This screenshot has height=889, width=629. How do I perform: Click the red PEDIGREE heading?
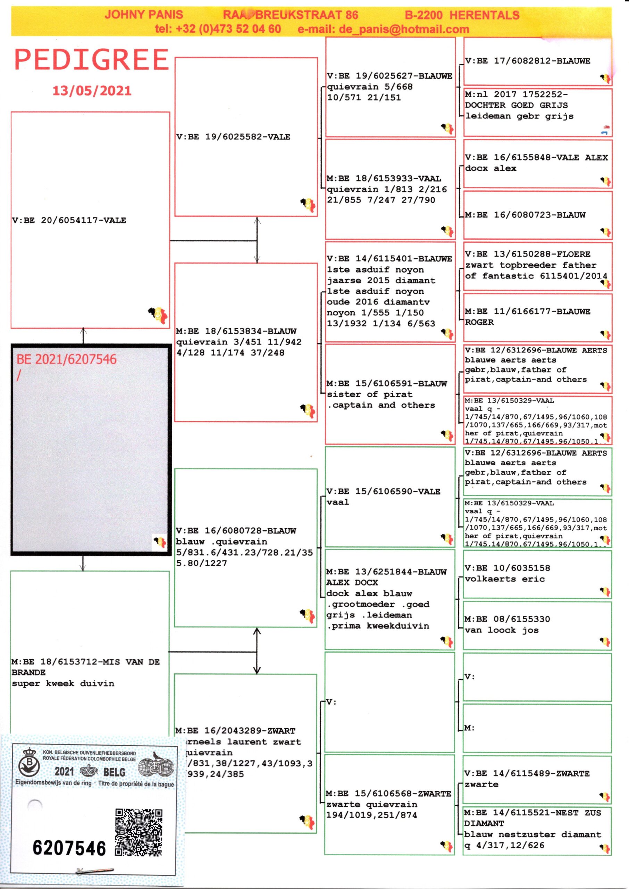91,60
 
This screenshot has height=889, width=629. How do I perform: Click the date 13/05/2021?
92,91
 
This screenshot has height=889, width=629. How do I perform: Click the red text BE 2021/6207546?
66,359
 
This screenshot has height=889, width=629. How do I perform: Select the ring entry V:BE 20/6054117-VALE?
69,221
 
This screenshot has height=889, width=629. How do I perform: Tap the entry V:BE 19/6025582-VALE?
233,137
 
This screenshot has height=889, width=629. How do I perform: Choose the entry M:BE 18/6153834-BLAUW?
236,331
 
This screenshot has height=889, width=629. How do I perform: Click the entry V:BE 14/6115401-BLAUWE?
389,258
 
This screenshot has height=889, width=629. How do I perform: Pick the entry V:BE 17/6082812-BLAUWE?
528,61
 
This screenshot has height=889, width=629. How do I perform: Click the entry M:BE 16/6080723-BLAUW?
525,215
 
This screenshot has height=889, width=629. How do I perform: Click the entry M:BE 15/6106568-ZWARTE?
388,794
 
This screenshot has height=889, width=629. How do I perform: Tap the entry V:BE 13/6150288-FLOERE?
528,254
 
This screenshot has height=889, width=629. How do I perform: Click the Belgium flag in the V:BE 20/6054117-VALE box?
158,314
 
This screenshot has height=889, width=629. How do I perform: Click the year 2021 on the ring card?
64,772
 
